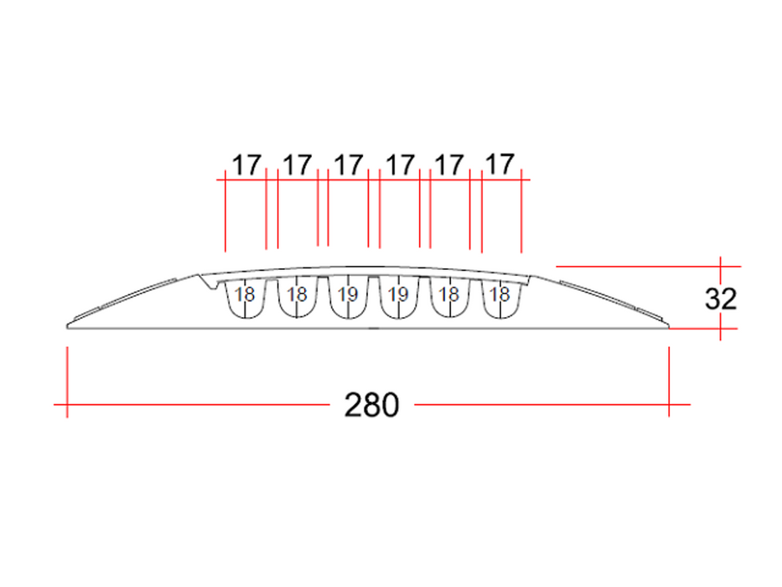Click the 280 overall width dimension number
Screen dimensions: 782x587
tap(371, 405)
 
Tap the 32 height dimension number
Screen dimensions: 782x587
tap(721, 299)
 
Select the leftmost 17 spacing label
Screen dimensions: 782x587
tap(247, 165)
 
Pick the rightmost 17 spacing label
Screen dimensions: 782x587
tap(500, 164)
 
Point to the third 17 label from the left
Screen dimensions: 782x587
tap(348, 165)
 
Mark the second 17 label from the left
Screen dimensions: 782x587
tap(298, 165)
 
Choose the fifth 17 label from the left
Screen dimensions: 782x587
tap(449, 165)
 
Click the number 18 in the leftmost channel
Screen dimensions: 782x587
tap(245, 294)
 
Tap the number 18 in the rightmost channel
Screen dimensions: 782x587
tap(500, 294)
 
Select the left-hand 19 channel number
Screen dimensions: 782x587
tap(348, 294)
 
